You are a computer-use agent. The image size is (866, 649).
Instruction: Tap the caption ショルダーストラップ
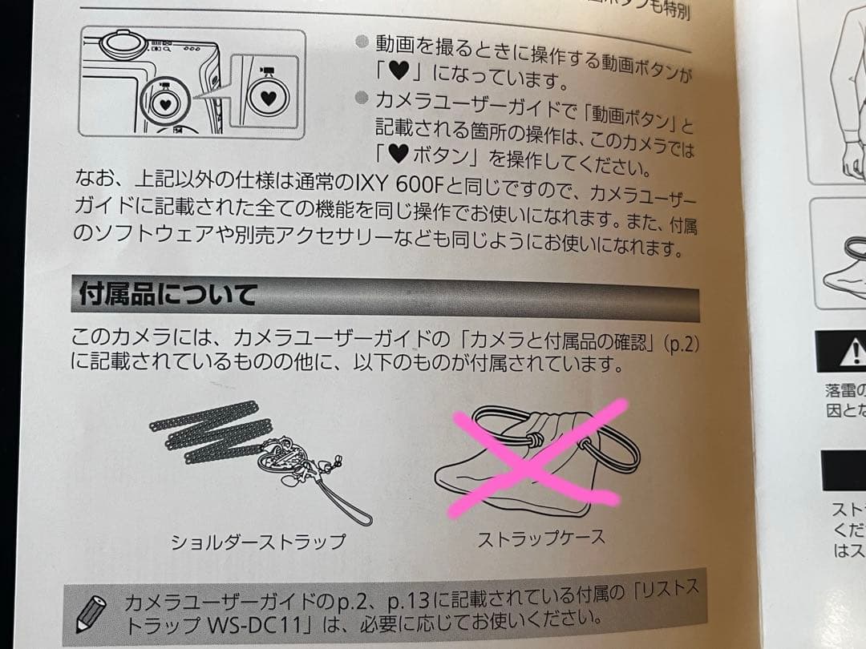pos(258,542)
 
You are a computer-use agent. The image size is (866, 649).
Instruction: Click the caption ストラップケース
pos(541,538)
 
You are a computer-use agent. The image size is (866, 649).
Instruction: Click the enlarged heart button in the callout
pos(268,99)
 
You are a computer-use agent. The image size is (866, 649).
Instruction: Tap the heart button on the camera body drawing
pos(164,103)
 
